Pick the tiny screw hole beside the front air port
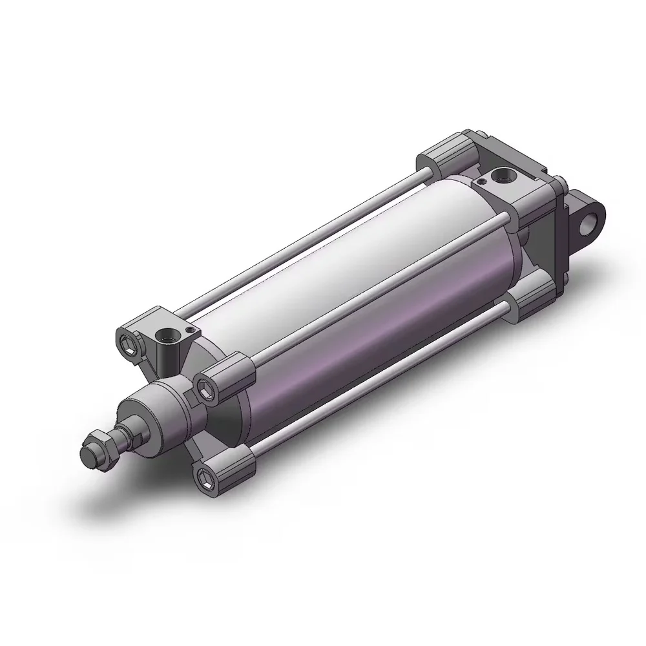[189, 330]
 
